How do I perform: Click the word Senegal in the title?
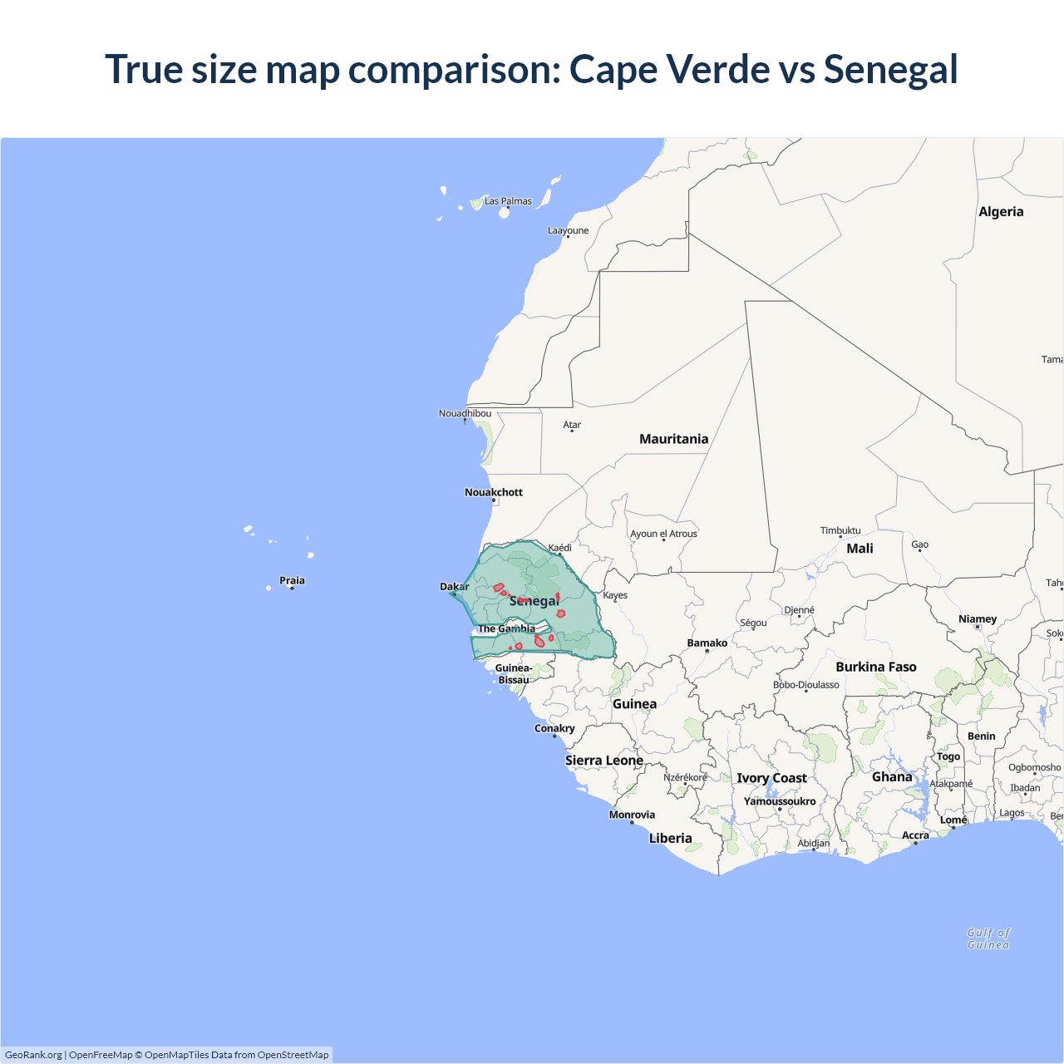(x=890, y=70)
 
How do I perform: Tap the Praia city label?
(x=292, y=580)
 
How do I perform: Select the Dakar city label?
(x=454, y=587)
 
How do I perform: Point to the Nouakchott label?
(x=494, y=492)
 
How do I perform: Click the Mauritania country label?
(x=673, y=439)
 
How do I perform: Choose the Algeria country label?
(x=1001, y=212)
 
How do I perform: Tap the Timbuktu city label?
(x=840, y=530)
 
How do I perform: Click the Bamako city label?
(x=707, y=643)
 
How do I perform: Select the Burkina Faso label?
(x=876, y=667)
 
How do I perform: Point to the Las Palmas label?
(x=508, y=201)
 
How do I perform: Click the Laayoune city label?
(x=568, y=230)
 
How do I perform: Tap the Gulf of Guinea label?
(x=988, y=938)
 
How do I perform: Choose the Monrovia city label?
(x=632, y=815)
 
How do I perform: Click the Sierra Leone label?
(x=604, y=761)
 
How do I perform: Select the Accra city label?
(x=915, y=835)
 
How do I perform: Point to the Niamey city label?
(x=978, y=618)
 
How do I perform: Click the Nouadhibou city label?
(x=465, y=413)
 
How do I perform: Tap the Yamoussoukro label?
(x=780, y=801)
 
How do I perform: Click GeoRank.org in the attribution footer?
(x=33, y=1055)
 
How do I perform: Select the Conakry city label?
(x=554, y=728)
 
